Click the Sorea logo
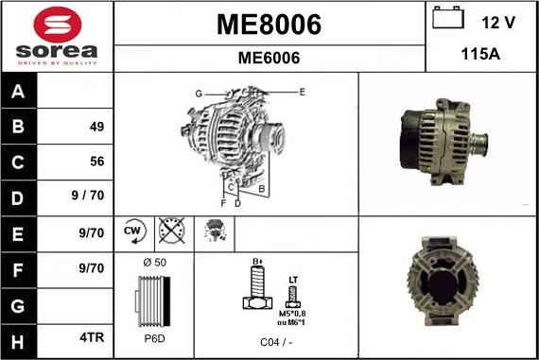[x=57, y=36]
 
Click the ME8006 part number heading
[x=269, y=24]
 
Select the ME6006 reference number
[x=269, y=58]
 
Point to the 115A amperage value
[x=480, y=55]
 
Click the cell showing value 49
[x=96, y=127]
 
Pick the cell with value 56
[x=96, y=162]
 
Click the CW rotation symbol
[x=133, y=231]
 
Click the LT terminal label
[x=293, y=280]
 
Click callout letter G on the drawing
[x=199, y=94]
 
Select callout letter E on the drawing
[x=302, y=92]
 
